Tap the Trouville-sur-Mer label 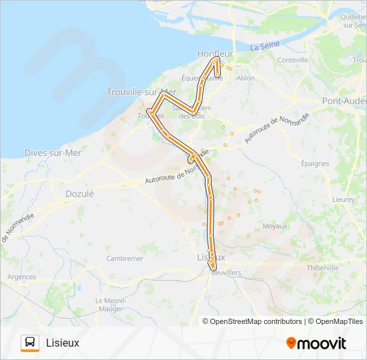141,92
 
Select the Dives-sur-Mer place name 52,152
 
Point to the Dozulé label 79,193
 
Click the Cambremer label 125,259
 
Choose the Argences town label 21,276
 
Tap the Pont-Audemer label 344,101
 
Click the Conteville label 293,60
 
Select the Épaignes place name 314,163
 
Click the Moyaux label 274,226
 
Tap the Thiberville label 323,267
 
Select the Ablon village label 246,78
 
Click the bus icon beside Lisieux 30,343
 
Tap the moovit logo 316,343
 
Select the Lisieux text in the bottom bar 63,343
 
